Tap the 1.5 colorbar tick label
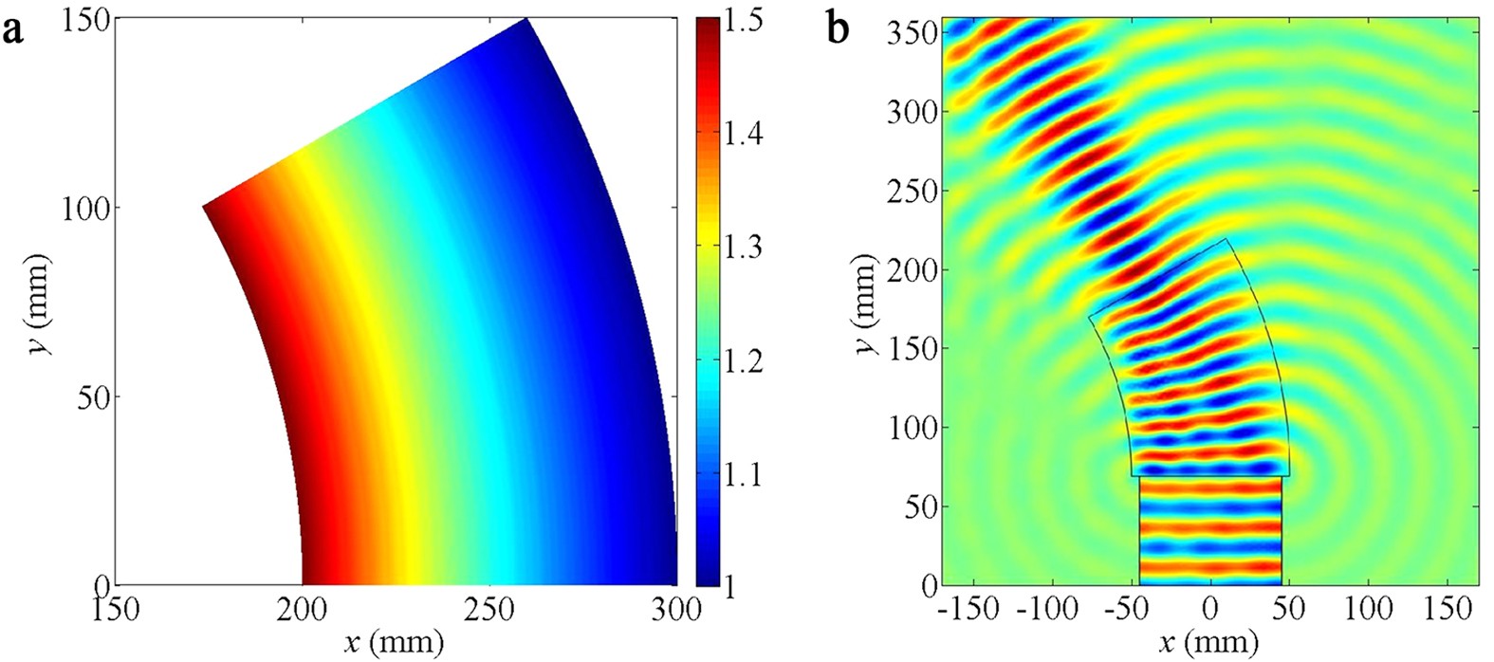tap(743, 21)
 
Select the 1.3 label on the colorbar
tap(743, 247)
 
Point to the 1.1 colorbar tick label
tap(743, 473)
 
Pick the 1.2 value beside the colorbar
tap(743, 360)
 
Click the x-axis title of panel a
tap(395, 643)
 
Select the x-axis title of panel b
tap(1208, 643)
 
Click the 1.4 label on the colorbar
tap(743, 134)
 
